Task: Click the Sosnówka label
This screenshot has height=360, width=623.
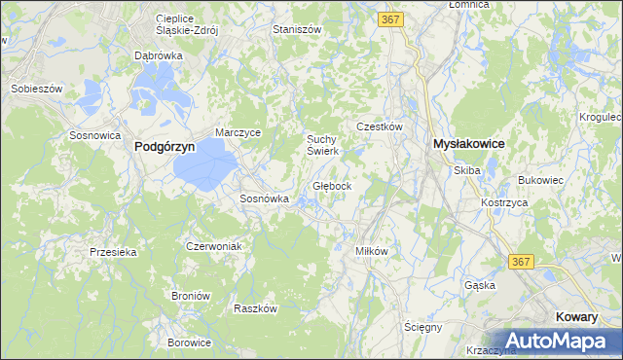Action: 265,198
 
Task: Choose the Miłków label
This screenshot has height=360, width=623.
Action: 372,250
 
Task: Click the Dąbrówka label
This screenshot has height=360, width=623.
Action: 159,56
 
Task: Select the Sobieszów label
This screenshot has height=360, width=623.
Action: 37,89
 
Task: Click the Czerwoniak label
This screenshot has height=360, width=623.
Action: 213,246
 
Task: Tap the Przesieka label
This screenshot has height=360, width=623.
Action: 112,251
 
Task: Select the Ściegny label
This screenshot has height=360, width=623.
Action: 423,327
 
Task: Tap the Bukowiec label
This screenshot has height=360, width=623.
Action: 542,180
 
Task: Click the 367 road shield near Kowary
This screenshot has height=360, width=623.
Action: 521,262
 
